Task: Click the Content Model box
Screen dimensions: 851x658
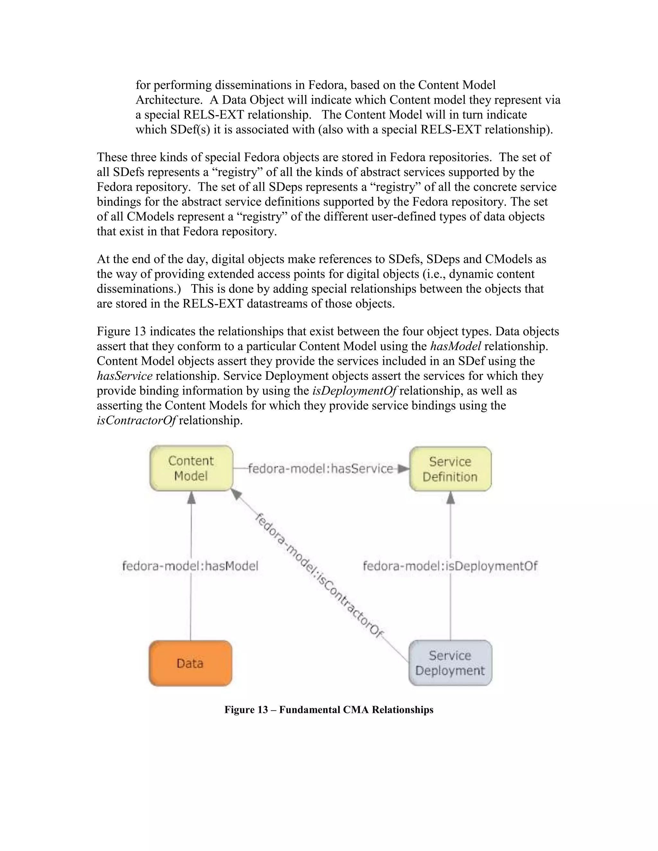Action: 191,468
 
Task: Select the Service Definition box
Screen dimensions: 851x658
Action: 450,469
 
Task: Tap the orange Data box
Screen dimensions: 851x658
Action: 190,663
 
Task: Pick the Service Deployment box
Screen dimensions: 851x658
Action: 450,663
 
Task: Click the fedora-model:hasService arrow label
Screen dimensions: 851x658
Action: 320,468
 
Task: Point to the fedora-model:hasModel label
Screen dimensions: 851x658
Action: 190,566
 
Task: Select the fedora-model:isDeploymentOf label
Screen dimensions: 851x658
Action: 450,566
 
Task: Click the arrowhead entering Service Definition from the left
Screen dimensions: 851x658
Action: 404,469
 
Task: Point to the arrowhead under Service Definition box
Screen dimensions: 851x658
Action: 451,497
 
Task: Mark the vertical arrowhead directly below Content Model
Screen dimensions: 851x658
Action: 191,497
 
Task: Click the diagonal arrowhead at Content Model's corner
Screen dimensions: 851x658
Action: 236,494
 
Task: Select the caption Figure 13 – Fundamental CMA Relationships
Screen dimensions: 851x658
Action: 329,710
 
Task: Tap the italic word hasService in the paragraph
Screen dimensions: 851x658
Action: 124,376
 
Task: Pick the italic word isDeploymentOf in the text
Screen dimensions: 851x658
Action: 354,390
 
